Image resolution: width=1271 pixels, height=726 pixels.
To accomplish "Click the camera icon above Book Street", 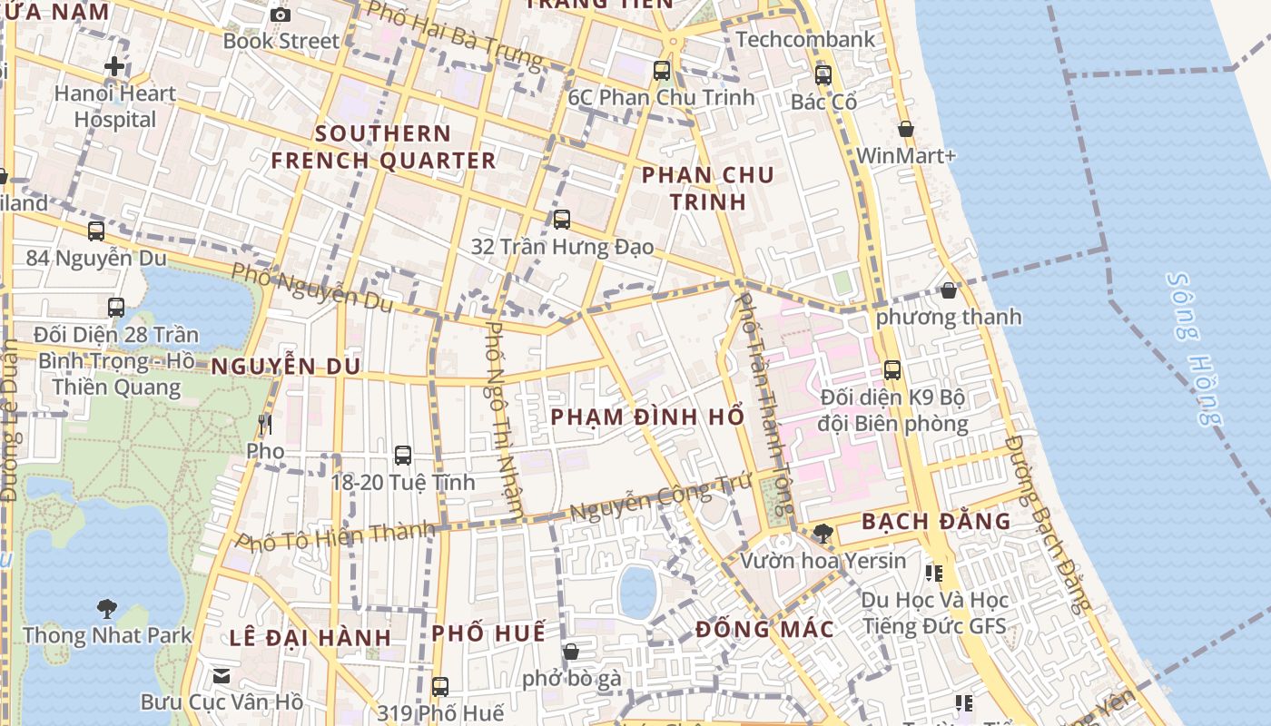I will (281, 15).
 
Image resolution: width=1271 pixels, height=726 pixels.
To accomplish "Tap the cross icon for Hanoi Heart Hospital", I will (114, 66).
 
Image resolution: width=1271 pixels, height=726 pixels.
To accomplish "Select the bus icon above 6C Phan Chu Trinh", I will (662, 70).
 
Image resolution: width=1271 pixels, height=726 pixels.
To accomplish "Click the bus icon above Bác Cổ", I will (823, 75).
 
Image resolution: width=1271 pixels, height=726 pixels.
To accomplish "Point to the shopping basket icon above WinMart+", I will (905, 130).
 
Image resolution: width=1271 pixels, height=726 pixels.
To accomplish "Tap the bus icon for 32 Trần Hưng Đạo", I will (562, 219).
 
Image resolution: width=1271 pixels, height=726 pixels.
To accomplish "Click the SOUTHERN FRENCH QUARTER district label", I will (383, 147).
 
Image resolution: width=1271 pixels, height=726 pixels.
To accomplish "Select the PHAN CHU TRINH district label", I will (708, 188).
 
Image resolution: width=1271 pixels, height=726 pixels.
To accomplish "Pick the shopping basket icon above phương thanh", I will (949, 290).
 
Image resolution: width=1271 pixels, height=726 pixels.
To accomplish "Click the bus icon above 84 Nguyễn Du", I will (96, 231).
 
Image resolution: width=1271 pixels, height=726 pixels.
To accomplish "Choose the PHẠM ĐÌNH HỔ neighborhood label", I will (648, 417).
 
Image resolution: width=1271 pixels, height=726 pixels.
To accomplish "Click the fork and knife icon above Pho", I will (265, 424).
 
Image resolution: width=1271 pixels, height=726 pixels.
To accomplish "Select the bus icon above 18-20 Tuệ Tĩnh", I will (403, 456).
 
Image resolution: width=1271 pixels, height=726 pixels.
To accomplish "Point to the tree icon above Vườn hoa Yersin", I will (823, 534).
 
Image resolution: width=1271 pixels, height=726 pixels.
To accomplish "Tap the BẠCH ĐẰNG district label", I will (936, 522).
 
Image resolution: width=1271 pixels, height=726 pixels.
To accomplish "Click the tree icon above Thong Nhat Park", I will (107, 608).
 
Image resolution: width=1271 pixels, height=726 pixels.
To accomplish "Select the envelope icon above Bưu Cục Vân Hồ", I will (222, 676).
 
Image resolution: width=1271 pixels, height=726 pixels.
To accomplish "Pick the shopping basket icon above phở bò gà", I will (571, 652).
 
